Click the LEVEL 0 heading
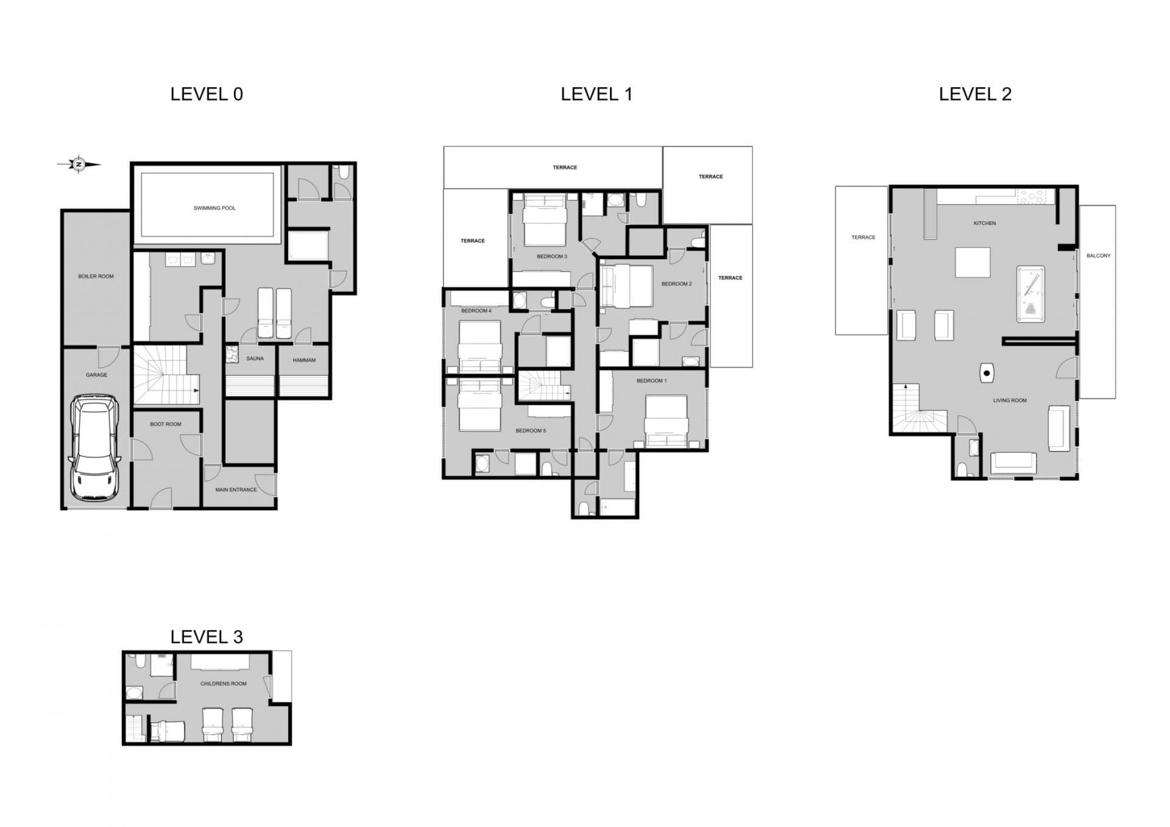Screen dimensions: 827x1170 (207, 94)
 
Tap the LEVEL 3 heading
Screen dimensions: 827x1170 (207, 637)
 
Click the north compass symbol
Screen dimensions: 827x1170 (79, 164)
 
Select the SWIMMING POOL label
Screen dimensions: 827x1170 (214, 208)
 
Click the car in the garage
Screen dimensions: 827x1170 (95, 447)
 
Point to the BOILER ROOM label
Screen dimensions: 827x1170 (96, 277)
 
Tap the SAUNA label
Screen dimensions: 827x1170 (255, 359)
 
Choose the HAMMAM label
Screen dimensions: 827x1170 (304, 361)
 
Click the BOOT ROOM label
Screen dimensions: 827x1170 (165, 424)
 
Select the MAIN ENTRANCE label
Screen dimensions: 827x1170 (236, 490)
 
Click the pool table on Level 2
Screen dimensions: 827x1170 (1030, 293)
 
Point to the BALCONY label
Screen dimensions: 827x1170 (1098, 256)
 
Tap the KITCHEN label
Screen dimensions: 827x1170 (984, 224)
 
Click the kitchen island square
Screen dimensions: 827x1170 (972, 263)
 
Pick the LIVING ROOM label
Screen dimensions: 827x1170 (1010, 401)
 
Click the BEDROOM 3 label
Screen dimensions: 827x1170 (551, 257)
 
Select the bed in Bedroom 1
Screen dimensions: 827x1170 (666, 421)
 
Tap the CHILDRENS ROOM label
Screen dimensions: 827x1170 (223, 684)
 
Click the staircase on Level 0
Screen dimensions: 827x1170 (166, 375)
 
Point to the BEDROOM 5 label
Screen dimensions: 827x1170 (530, 431)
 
